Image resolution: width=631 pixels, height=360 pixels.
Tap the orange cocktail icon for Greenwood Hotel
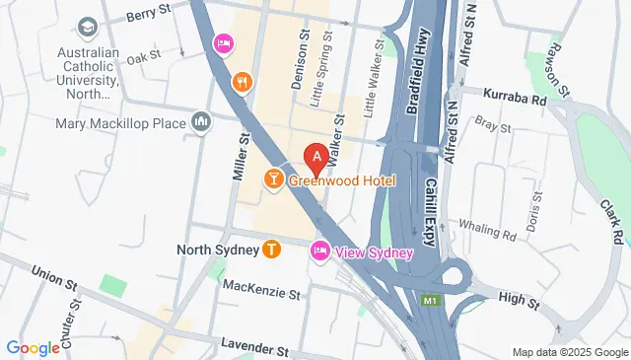pos(273,179)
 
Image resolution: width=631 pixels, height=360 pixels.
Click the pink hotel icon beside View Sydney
pos(320,252)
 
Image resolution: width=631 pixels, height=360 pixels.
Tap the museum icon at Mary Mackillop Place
pos(201,121)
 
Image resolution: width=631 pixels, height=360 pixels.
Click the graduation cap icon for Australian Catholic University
pos(89,27)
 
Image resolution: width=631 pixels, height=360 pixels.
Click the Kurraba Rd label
pos(514,99)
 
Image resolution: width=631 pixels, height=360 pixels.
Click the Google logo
pos(33,347)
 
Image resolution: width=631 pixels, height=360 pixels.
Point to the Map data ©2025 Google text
pos(569,352)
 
